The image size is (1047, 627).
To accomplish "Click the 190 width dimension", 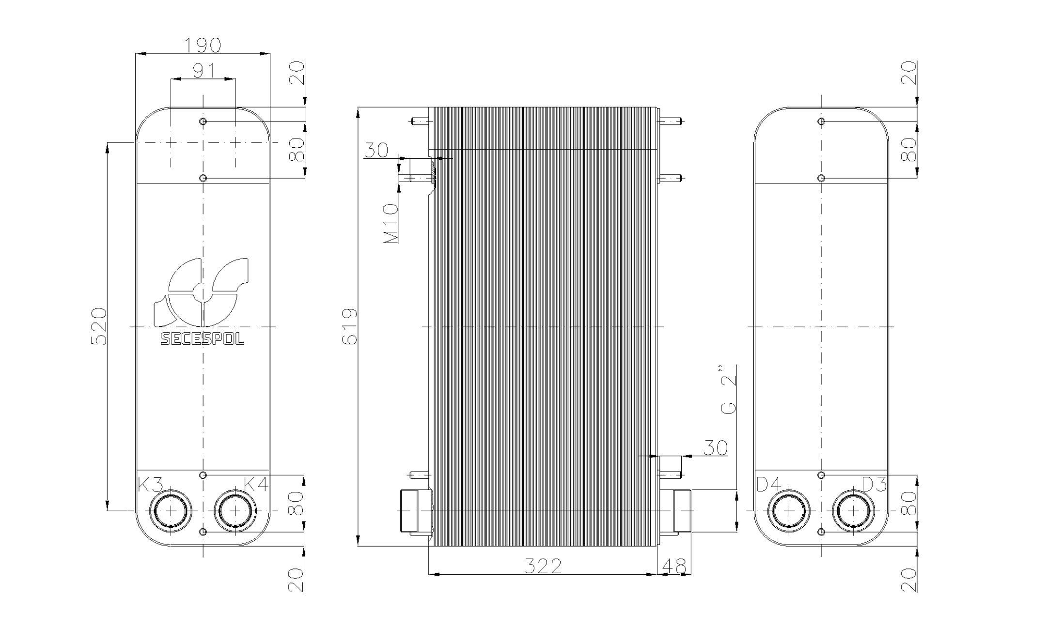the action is click(203, 45).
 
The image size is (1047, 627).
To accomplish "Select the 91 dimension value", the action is click(204, 71).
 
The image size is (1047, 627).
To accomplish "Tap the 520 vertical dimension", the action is click(99, 326).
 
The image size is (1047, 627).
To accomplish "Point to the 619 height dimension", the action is click(349, 326).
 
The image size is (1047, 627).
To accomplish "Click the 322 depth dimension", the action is click(543, 566).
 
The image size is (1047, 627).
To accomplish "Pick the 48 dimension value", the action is click(674, 566).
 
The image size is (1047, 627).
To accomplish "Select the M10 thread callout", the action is click(391, 223).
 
